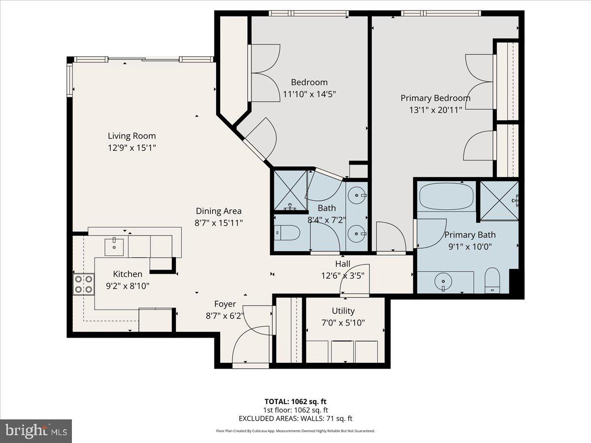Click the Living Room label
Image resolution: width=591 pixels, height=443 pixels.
pyautogui.click(x=131, y=136)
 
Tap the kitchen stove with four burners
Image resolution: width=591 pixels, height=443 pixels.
pyautogui.click(x=84, y=284)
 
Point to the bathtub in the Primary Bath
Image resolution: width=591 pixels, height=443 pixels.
pyautogui.click(x=446, y=197)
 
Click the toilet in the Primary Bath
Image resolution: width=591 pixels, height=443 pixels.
pyautogui.click(x=492, y=281)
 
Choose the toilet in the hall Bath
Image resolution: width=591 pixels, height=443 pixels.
pyautogui.click(x=287, y=232)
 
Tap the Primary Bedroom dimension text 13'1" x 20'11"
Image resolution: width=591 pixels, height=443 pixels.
pyautogui.click(x=435, y=110)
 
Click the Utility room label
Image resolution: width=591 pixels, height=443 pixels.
pyautogui.click(x=343, y=311)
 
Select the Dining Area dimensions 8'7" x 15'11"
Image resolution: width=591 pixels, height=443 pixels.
pyautogui.click(x=219, y=223)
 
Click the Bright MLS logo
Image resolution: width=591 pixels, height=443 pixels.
pyautogui.click(x=36, y=431)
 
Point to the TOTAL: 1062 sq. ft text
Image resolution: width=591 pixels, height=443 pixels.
pyautogui.click(x=295, y=401)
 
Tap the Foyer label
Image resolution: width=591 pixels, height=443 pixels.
pyautogui.click(x=225, y=304)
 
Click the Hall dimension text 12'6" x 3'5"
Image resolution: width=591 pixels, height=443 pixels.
pyautogui.click(x=343, y=276)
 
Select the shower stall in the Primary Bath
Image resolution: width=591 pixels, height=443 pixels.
pyautogui.click(x=499, y=200)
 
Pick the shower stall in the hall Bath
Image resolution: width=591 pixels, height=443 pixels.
pyautogui.click(x=290, y=190)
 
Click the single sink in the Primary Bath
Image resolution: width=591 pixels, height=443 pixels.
pyautogui.click(x=443, y=282)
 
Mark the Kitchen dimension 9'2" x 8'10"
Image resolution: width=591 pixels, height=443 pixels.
pyautogui.click(x=128, y=285)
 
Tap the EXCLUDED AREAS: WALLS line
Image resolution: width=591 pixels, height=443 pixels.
pyautogui.click(x=295, y=418)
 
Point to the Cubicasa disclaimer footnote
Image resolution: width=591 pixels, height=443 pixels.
pyautogui.click(x=295, y=431)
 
